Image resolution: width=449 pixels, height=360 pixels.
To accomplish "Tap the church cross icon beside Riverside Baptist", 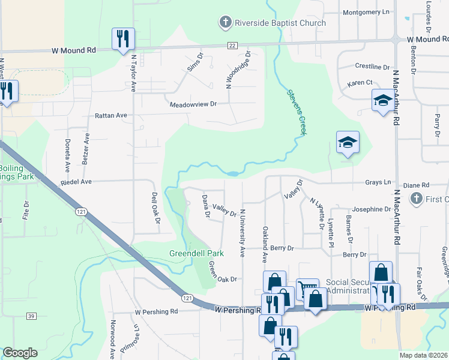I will click(225, 23).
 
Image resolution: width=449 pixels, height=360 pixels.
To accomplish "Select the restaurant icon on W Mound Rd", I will click(123, 38).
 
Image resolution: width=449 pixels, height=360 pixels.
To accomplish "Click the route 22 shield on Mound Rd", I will click(232, 45).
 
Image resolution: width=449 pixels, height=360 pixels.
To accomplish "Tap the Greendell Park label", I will click(196, 253).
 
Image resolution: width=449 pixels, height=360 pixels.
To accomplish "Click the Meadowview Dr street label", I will click(193, 104).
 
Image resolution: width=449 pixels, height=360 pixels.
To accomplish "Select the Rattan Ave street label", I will click(111, 115).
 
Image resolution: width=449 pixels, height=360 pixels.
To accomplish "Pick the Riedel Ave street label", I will click(76, 182).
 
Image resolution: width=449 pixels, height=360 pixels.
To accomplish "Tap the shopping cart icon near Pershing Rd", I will click(307, 289).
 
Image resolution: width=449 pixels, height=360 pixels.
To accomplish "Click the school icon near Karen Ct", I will click(382, 101).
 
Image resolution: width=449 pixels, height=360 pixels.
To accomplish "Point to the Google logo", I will click(20, 353).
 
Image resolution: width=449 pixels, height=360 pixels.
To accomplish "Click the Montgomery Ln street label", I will click(366, 12).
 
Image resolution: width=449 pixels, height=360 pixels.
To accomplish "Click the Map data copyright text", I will click(423, 355).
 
